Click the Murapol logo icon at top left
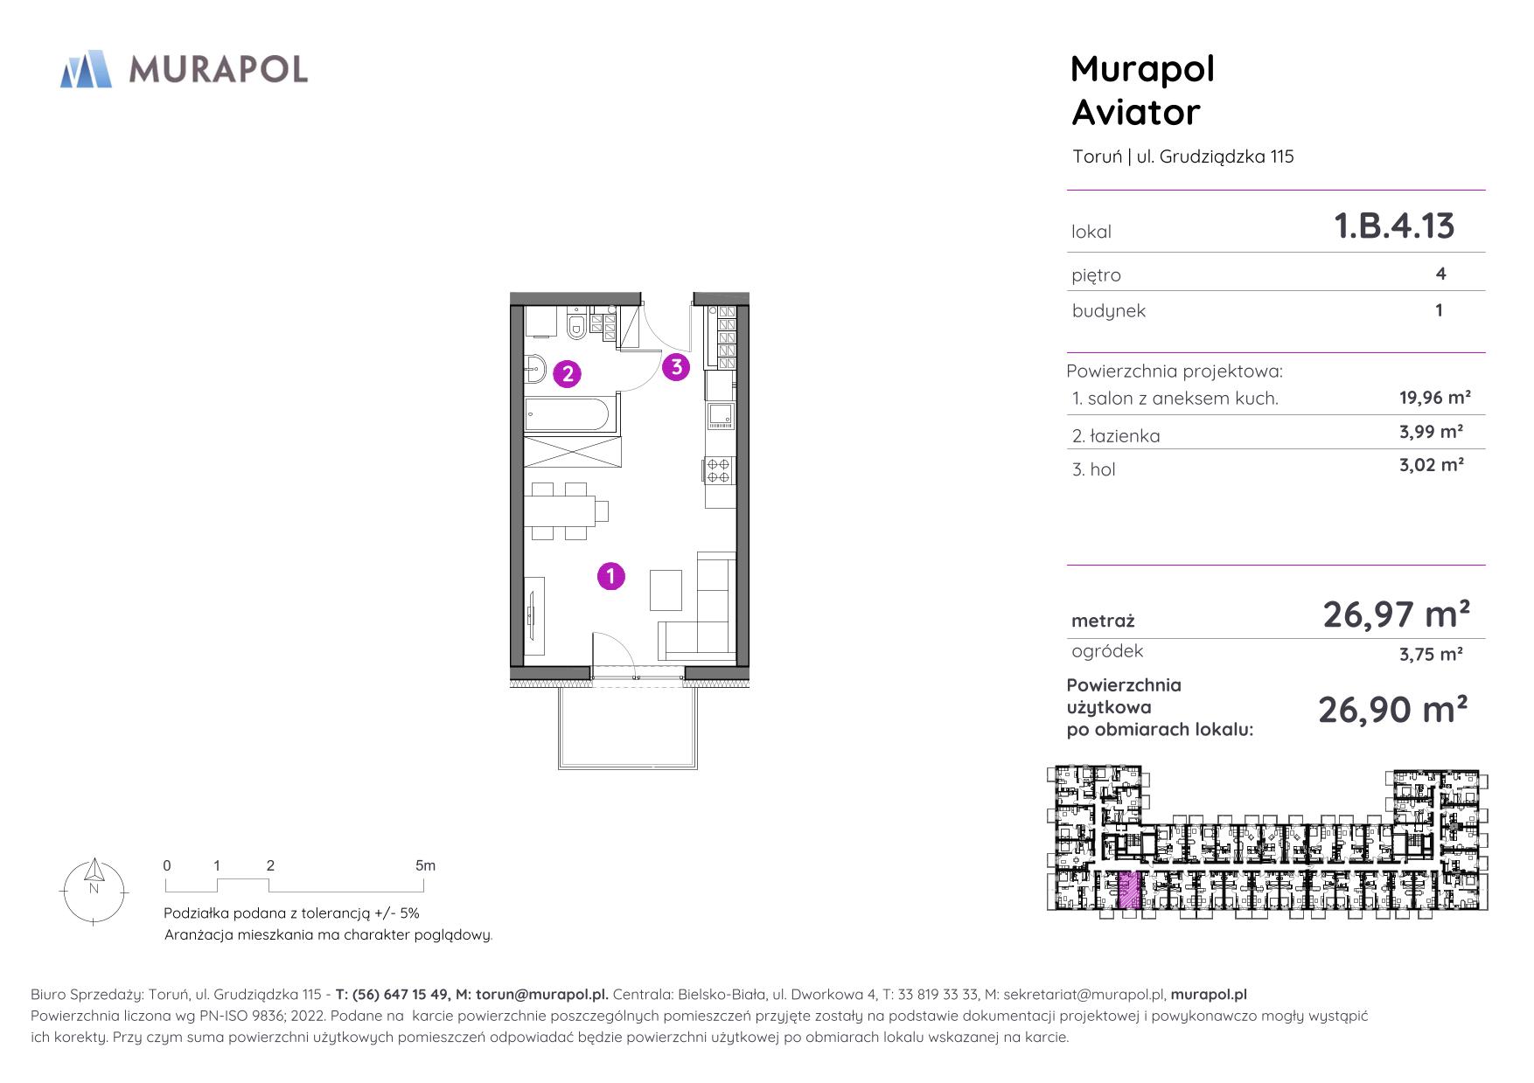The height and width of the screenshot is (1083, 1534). (86, 69)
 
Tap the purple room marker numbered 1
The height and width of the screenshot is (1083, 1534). (610, 576)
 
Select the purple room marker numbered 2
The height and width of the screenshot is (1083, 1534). (568, 374)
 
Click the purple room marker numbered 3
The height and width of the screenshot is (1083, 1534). (676, 367)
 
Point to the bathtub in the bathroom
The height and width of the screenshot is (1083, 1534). (570, 414)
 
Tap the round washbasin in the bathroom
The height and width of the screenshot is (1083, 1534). (535, 369)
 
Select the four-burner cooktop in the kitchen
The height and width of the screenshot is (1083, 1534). (719, 470)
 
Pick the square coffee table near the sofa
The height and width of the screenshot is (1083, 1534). (666, 590)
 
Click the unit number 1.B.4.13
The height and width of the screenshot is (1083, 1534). (1394, 226)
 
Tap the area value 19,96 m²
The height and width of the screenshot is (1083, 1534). (1435, 398)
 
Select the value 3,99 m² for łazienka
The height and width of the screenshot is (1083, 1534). (1432, 431)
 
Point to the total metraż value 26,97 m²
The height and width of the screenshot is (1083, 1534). (1396, 614)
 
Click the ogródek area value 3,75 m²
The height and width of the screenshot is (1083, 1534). (1432, 654)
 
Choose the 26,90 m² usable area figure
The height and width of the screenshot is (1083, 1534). (1392, 709)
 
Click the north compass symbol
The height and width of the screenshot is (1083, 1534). (94, 891)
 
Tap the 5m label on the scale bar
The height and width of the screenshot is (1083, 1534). (425, 865)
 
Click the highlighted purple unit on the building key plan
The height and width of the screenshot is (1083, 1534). (1129, 891)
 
